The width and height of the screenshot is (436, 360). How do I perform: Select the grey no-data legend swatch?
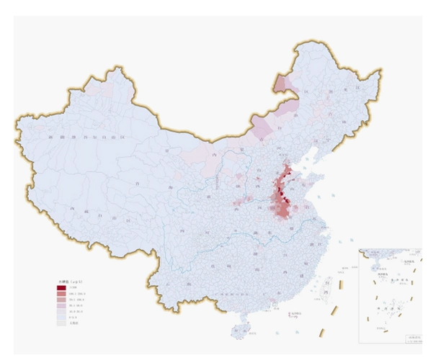(61, 323)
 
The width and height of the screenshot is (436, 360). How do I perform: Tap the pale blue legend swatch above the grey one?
(61, 318)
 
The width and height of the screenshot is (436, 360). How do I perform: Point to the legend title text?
(67, 282)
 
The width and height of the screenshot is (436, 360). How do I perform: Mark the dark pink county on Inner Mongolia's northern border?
(283, 82)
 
